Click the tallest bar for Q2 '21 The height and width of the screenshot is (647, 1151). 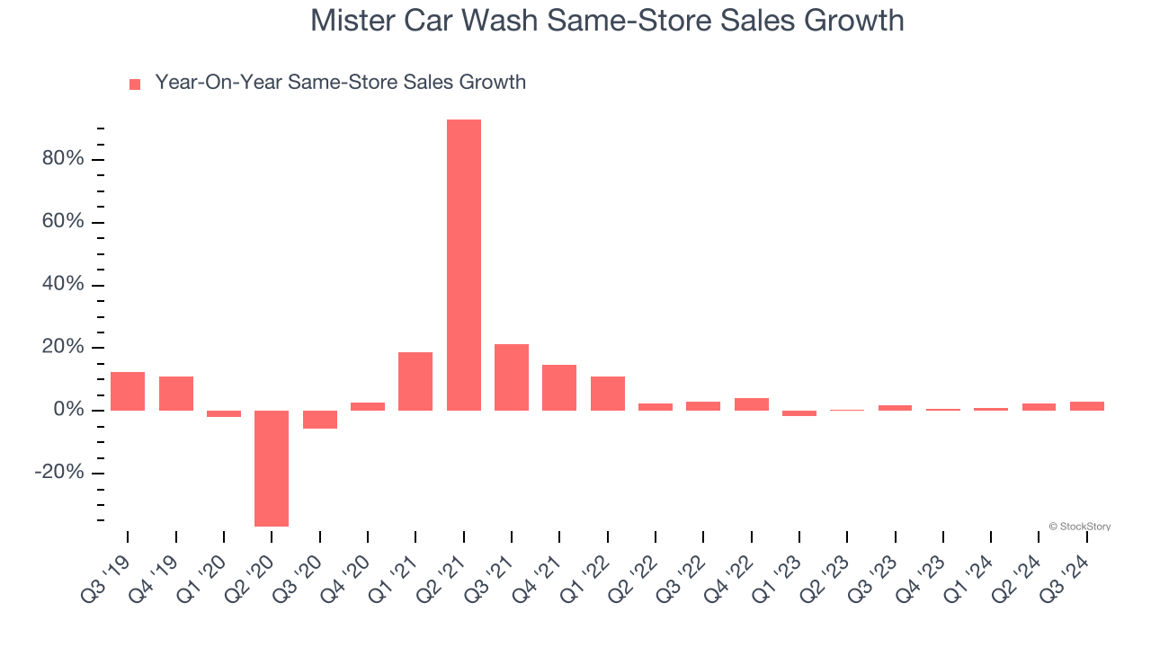(x=464, y=265)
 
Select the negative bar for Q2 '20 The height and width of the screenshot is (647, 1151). (x=272, y=468)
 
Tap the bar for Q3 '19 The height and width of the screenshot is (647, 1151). (x=128, y=392)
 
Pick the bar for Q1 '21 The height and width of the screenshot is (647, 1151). (x=415, y=382)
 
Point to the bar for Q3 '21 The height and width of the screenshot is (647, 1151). (x=512, y=377)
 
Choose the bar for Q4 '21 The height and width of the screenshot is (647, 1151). (x=559, y=388)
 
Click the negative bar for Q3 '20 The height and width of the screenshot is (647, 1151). (x=319, y=420)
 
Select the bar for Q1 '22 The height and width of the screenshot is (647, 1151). (x=608, y=394)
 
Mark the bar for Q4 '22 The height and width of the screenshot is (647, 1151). (x=752, y=404)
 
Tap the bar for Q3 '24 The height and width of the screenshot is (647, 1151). (x=1087, y=406)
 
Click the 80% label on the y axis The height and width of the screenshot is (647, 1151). (x=63, y=159)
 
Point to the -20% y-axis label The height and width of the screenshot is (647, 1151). (x=59, y=473)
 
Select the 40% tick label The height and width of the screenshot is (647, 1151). (x=63, y=285)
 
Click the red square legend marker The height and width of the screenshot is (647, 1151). (x=135, y=84)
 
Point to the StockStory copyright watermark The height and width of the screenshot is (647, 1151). (x=1079, y=527)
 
